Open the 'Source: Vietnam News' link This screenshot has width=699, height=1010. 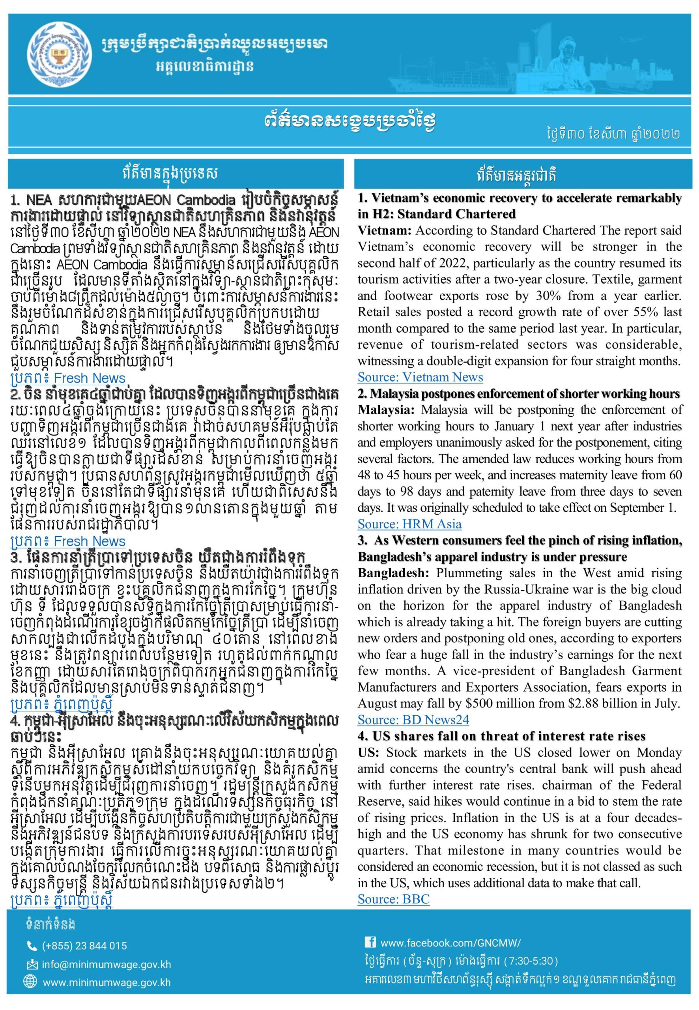(420, 377)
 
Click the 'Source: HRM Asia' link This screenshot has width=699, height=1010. (409, 524)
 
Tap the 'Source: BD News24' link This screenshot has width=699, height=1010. (413, 720)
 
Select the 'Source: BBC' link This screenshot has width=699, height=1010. (393, 899)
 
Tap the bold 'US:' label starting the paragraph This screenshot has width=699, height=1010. (368, 752)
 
